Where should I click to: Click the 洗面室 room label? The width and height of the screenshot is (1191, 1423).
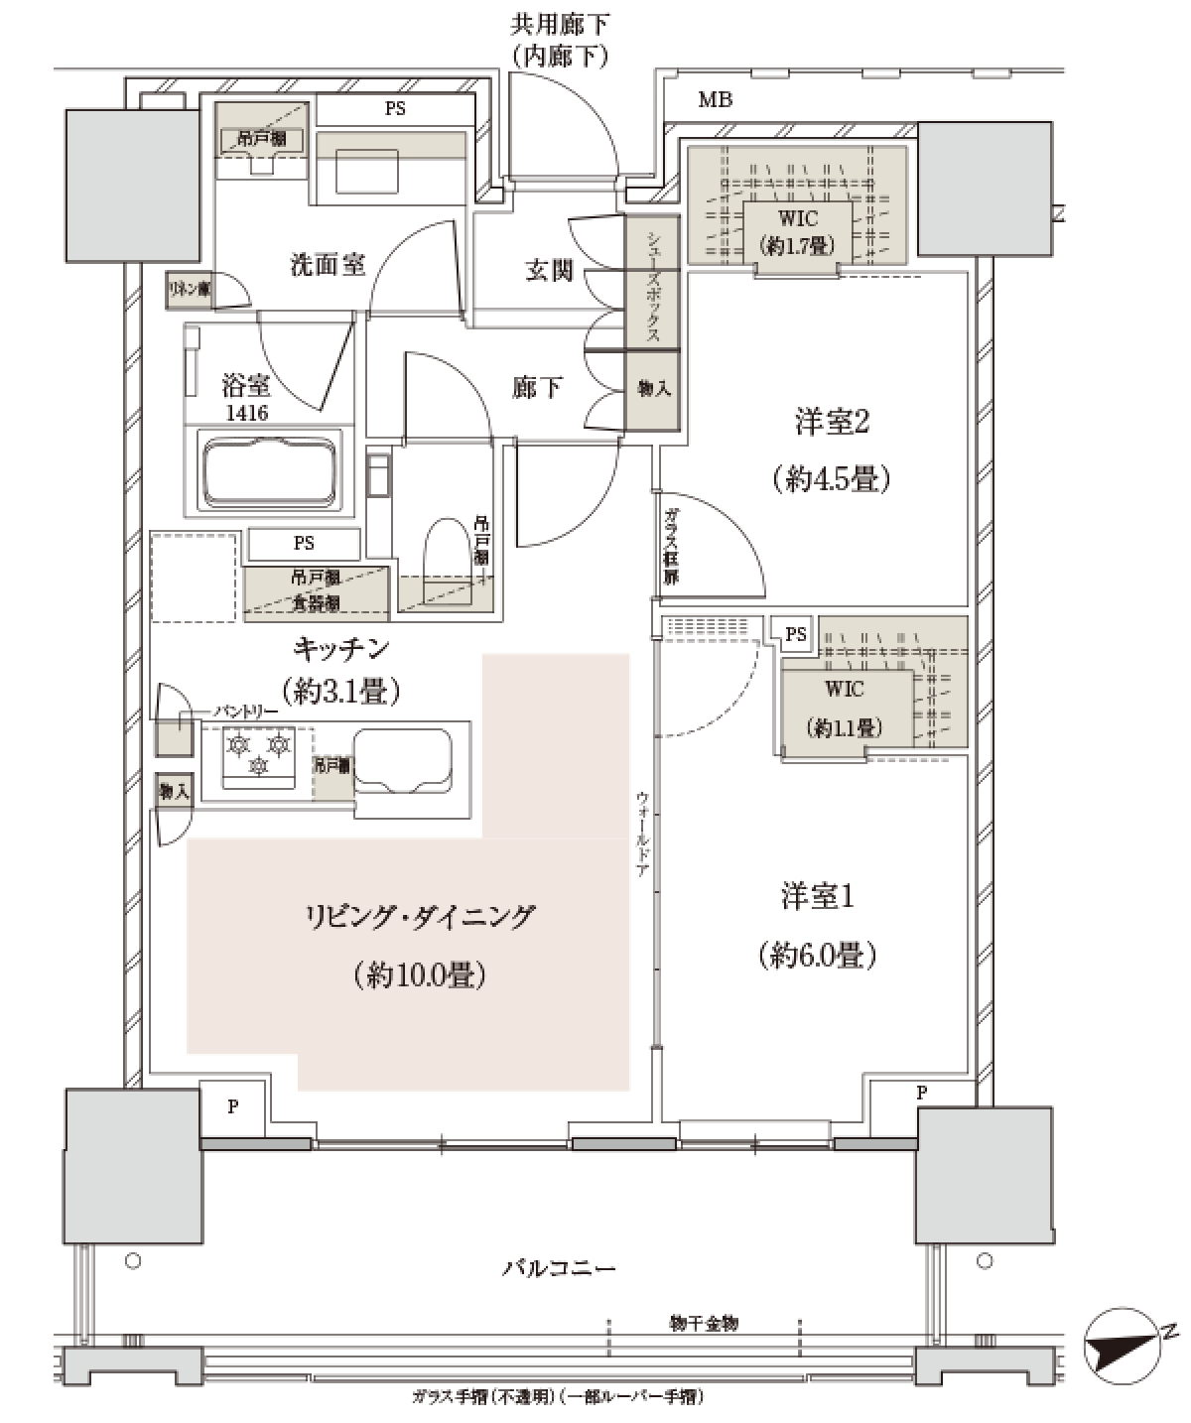[x=327, y=266]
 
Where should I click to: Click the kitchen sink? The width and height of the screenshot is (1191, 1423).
[x=401, y=760]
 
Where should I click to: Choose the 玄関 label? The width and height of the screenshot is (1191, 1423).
[x=549, y=270]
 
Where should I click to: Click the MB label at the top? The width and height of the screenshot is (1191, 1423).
[x=715, y=99]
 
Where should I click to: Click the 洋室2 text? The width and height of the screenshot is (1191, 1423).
[x=832, y=424]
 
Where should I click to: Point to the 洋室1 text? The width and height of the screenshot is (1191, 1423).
[x=818, y=897]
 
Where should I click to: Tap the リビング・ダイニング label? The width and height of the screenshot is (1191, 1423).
[x=420, y=915]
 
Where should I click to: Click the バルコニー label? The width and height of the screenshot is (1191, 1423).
[x=560, y=1268]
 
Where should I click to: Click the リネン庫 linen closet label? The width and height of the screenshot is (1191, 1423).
[x=189, y=290]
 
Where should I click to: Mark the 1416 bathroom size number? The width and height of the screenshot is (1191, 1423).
[x=246, y=413]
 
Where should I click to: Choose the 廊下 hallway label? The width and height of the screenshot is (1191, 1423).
[x=537, y=388]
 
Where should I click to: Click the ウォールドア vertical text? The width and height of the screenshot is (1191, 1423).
[x=642, y=834]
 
